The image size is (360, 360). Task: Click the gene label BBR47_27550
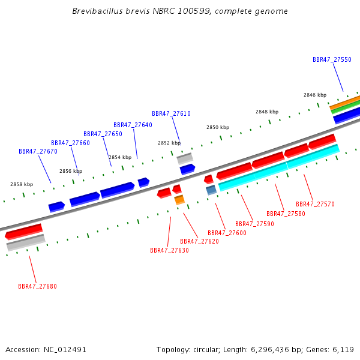[x=332, y=59]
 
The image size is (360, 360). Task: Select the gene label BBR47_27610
[x=171, y=113]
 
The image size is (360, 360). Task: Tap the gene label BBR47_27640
[x=133, y=125]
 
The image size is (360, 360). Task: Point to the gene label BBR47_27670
[x=38, y=152]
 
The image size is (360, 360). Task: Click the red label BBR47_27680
[x=37, y=287]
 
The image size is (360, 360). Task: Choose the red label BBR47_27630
[x=169, y=250]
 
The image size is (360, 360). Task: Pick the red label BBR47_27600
[x=227, y=233]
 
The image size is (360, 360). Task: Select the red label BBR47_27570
[x=315, y=205]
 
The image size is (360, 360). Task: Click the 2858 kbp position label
[x=22, y=184]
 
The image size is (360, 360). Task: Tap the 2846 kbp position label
[x=315, y=95]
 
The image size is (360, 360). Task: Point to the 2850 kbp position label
[x=218, y=127]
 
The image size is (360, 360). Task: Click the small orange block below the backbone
[x=179, y=200]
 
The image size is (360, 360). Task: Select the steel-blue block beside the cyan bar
[x=211, y=190]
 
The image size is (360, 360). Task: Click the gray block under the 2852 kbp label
[x=185, y=158]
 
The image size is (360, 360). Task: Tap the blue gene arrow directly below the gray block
[x=187, y=169]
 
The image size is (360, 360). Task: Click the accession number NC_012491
[x=65, y=350]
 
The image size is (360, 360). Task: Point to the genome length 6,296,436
[x=270, y=350]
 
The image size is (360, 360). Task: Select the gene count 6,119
[x=343, y=350]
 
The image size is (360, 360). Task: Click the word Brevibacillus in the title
[x=98, y=11]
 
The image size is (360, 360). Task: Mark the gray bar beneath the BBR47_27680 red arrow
[x=26, y=242]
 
